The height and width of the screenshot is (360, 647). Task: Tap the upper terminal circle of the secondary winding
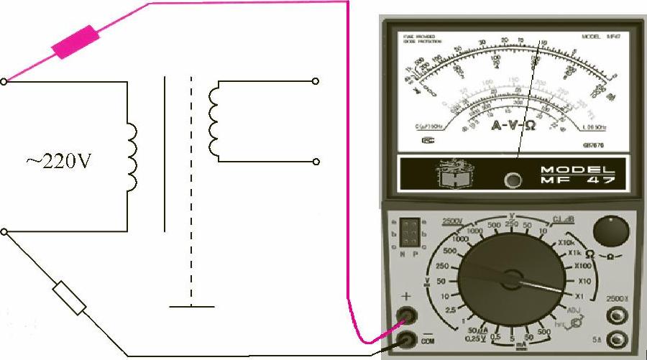coord(315,82)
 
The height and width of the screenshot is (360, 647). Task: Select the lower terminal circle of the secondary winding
coord(315,162)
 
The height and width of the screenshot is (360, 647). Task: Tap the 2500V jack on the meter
coord(615,315)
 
